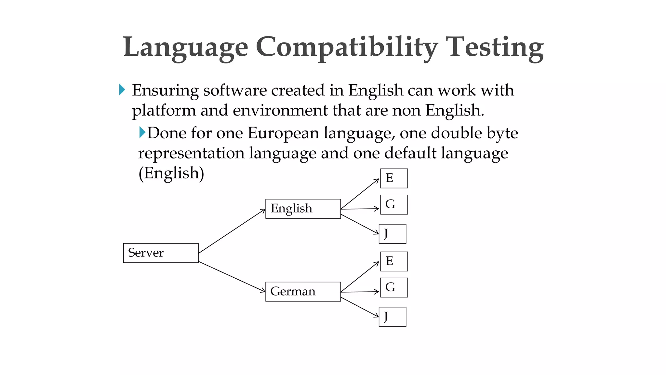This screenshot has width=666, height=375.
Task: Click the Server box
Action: coord(161,253)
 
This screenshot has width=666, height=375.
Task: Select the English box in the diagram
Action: coord(303,209)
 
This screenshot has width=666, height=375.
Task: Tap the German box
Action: coord(303,292)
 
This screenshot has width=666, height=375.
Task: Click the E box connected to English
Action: coord(394,178)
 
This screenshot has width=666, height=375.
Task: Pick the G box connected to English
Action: coord(394,205)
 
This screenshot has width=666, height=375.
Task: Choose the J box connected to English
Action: coord(392,234)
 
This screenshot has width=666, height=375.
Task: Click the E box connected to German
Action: coord(394,261)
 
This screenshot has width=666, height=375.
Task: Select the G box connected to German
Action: coord(394,287)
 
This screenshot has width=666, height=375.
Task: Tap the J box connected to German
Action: coord(392,317)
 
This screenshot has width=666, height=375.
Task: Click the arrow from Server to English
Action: coord(232,231)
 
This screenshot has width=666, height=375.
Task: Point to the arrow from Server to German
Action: coord(232,277)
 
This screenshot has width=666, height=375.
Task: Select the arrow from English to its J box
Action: coord(360,224)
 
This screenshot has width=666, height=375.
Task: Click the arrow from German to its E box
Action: coord(360,277)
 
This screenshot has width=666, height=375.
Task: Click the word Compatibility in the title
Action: coord(347,47)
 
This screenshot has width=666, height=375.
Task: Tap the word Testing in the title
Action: coord(494,47)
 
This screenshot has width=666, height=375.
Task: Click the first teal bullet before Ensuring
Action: coord(122,90)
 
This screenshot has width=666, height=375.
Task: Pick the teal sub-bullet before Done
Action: coord(142,132)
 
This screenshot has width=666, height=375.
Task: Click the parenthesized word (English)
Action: coord(171,173)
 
